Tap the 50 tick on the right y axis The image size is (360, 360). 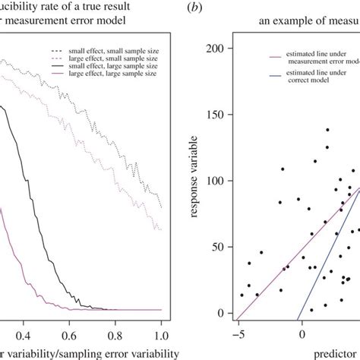pos(221,247)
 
